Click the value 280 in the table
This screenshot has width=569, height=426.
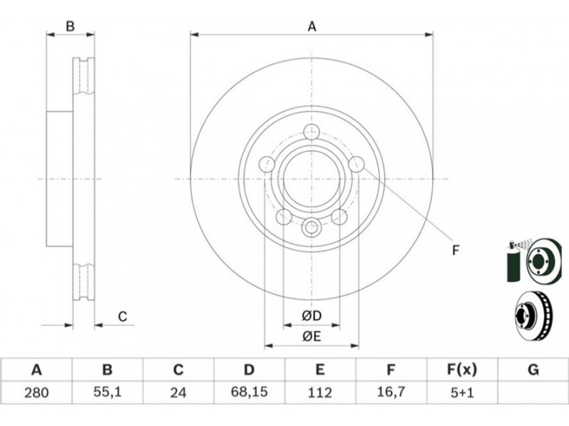pos(36,393)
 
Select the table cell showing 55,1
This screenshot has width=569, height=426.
pos(107,393)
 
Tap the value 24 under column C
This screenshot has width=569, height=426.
pos(179,393)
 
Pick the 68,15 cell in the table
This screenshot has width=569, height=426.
pos(249,393)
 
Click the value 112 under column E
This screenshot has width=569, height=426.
pos(320,393)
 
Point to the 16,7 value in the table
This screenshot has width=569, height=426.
pos(390,393)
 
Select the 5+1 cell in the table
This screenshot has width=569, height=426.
pos(462,393)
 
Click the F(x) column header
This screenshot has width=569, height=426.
pos(462,369)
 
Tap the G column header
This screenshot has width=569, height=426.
pos(533,369)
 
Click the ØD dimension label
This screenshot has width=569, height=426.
pos(312,315)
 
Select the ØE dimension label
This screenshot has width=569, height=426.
pos(312,337)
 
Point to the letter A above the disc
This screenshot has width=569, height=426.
pos(312,27)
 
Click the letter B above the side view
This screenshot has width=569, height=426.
pos(70,27)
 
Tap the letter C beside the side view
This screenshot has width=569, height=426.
pos(122,317)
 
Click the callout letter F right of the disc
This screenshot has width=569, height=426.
pos(456,249)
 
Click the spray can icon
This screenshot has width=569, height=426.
pos(512,262)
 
